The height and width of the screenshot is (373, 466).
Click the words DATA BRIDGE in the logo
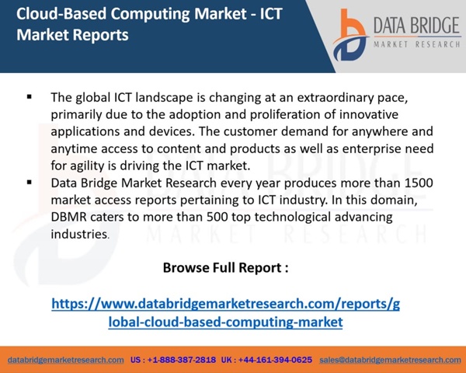(x=416, y=26)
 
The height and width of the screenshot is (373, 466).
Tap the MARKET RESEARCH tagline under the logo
(x=416, y=44)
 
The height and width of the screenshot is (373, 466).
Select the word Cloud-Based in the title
(x=61, y=14)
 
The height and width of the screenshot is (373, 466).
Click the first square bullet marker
(x=30, y=96)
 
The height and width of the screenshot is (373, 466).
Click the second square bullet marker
(x=30, y=182)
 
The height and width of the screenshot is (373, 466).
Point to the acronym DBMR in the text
(x=68, y=217)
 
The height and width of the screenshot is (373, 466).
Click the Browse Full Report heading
(x=225, y=267)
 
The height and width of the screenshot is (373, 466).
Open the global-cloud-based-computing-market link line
(x=225, y=322)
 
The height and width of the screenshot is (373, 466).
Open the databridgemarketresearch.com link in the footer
(x=66, y=360)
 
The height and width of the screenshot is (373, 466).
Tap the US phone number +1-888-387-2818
(x=173, y=360)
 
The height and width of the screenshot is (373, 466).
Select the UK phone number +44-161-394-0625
(x=266, y=360)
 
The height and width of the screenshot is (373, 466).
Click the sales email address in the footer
(x=390, y=360)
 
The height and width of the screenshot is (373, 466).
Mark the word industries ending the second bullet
(x=79, y=234)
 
